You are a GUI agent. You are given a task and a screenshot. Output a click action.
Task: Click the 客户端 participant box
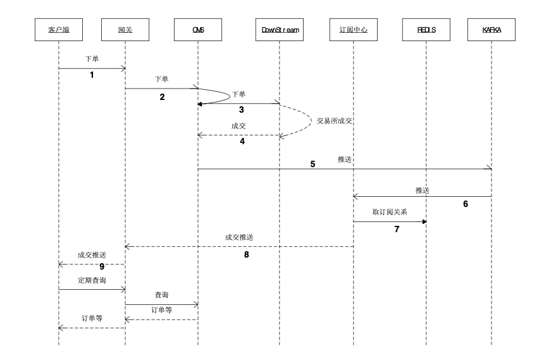tap(58, 29)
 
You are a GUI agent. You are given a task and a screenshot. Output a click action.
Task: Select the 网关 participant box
tap(125, 29)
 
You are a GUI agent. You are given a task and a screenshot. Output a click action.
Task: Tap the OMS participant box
tap(198, 29)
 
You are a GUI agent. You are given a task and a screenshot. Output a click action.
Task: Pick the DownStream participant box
tap(279, 29)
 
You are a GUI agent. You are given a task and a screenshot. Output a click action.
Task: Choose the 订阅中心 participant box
tap(353, 29)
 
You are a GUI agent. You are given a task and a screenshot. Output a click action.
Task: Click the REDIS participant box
tap(426, 29)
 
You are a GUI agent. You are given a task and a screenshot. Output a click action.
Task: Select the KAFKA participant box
tap(492, 29)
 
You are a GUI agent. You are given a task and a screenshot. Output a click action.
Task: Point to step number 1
tap(92, 75)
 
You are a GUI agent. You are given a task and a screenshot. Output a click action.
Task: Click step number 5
tap(312, 164)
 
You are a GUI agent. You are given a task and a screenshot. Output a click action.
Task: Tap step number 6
tap(466, 204)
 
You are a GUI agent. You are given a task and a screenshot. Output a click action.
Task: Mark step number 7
tap(397, 230)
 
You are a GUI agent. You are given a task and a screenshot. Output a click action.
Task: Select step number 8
tap(247, 256)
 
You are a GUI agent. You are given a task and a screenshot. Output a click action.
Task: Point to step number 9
tap(101, 266)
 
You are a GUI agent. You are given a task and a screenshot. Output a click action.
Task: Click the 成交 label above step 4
tap(238, 126)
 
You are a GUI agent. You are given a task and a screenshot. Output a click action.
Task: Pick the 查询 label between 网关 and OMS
tap(161, 295)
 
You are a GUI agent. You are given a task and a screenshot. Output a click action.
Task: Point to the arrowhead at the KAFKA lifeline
tap(489, 168)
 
